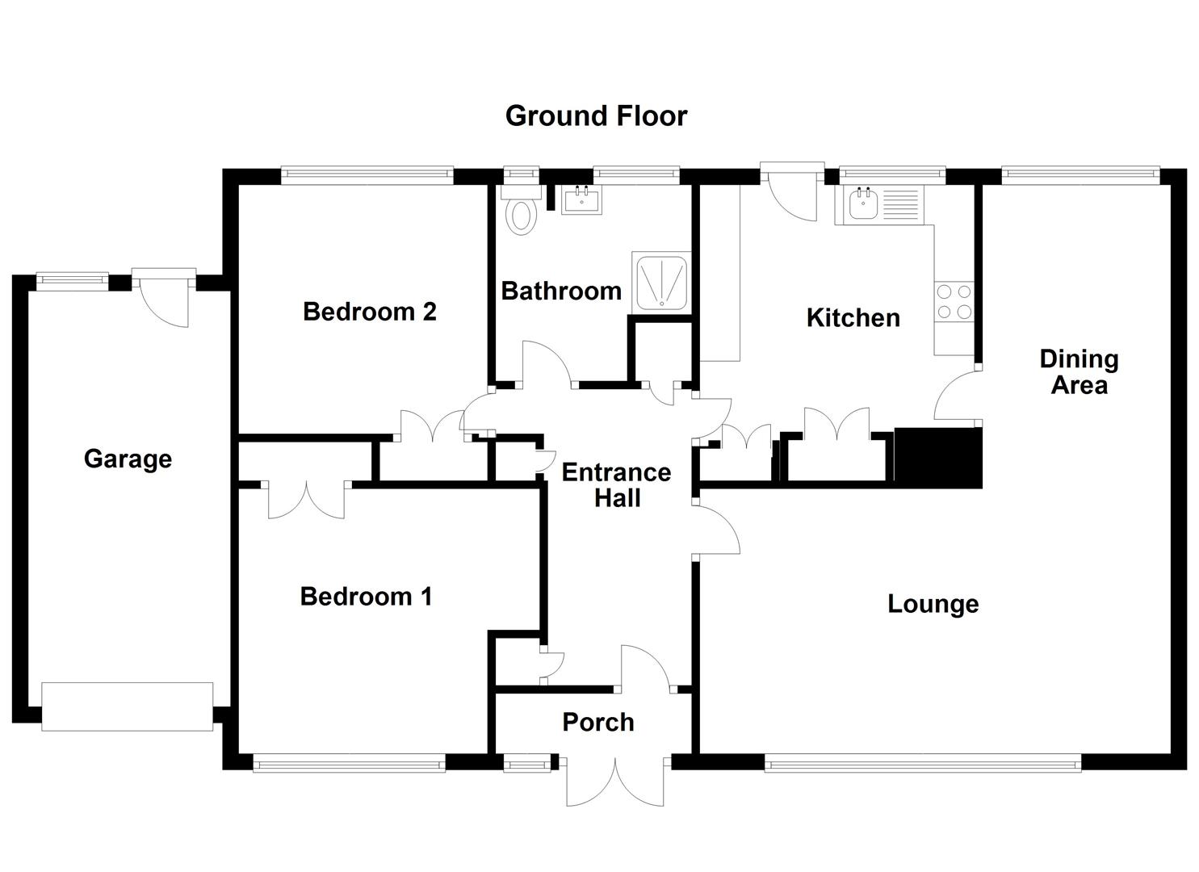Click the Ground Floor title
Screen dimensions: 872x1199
point(596,116)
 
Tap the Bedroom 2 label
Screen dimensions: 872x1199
point(369,312)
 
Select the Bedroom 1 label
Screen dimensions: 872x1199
point(366,597)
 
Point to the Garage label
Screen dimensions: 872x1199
point(128,459)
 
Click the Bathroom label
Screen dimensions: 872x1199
point(561,291)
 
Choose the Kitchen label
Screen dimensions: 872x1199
point(853,318)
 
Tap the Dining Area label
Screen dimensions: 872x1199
point(1078,372)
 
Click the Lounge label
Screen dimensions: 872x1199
point(933,604)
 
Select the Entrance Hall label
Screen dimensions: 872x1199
point(616,484)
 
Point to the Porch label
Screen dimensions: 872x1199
point(597,723)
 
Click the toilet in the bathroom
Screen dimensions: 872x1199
point(521,213)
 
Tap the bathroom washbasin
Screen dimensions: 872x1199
point(581,199)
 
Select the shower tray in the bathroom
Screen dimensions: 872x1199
point(661,281)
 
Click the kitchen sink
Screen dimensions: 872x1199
point(862,204)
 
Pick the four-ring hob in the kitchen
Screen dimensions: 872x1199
point(954,302)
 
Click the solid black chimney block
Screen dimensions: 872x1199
point(938,458)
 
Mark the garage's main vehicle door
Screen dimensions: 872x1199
point(128,706)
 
